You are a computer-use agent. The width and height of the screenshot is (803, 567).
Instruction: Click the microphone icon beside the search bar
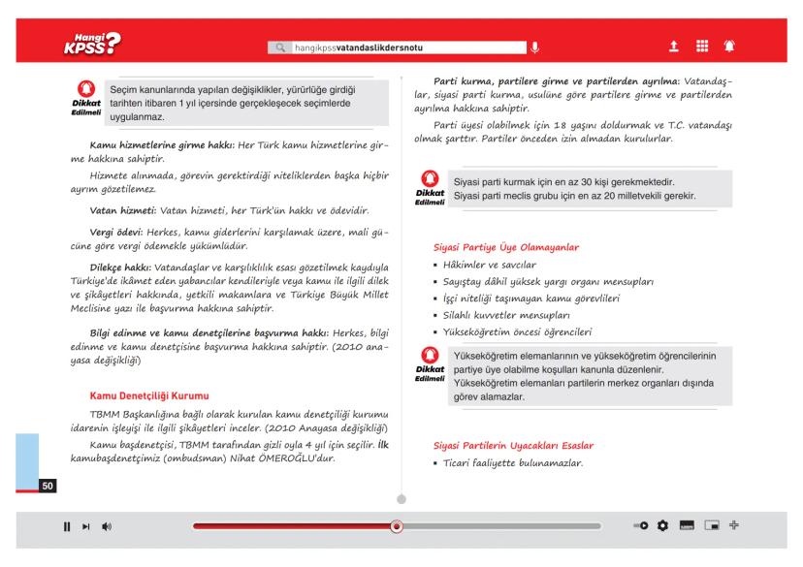(535, 47)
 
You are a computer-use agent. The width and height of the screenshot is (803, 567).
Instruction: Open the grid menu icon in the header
(700, 46)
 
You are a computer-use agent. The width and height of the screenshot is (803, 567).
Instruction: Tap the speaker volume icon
(105, 526)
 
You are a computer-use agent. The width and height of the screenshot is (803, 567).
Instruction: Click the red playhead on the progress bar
(396, 526)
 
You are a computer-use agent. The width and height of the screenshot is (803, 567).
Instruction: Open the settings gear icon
(664, 526)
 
